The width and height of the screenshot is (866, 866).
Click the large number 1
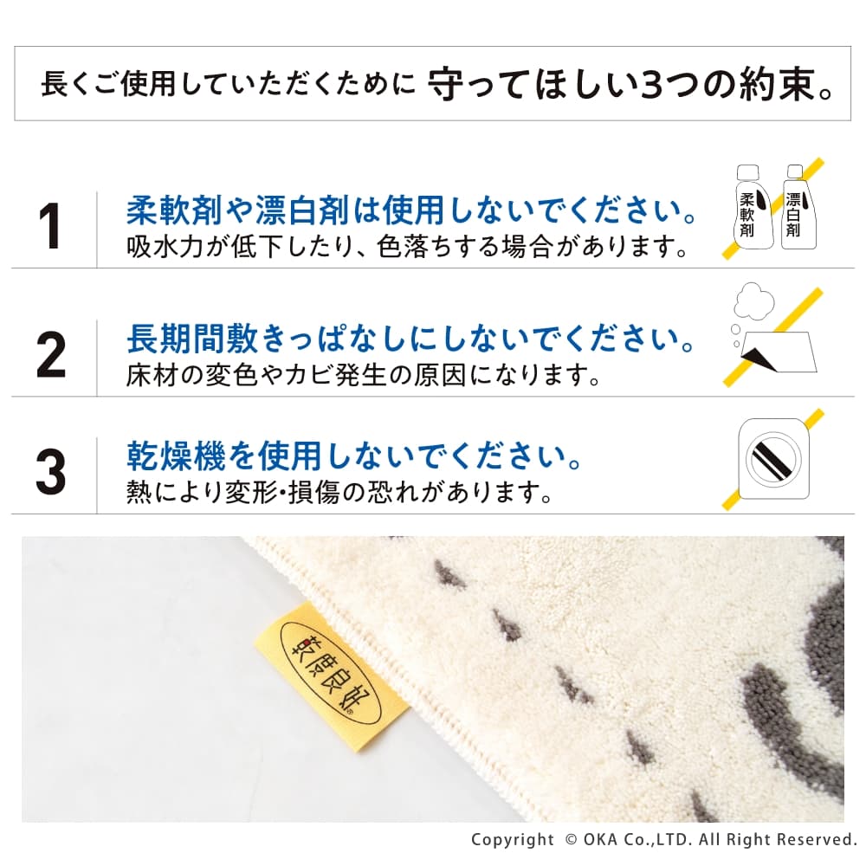[x=50, y=225]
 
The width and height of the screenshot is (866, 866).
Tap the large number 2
[x=51, y=354]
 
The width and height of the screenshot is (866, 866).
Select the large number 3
[x=51, y=471]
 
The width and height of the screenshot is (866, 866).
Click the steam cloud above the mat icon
[x=754, y=301]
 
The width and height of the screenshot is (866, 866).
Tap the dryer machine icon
[x=773, y=458]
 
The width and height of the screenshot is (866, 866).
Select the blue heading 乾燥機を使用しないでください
[x=353, y=456]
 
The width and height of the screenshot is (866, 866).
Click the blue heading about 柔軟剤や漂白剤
[x=411, y=210]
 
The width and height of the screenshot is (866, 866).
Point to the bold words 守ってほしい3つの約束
[x=630, y=85]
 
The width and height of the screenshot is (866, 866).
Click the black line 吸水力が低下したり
[x=408, y=247]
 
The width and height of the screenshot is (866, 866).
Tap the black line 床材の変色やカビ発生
[x=364, y=375]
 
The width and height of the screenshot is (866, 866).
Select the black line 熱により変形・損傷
[x=339, y=492]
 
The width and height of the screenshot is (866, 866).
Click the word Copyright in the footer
[x=513, y=840]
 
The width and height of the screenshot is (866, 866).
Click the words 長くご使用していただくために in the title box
[x=228, y=85]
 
